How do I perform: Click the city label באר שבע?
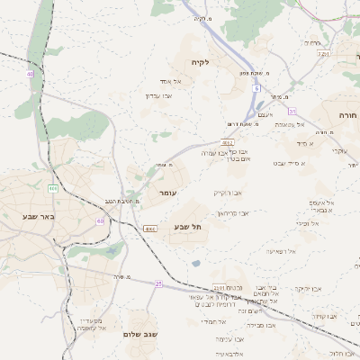click(x=37, y=216)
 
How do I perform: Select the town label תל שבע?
click(x=188, y=228)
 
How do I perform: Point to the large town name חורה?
click(x=348, y=116)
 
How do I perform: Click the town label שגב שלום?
click(x=140, y=334)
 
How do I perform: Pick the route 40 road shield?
click(x=30, y=74)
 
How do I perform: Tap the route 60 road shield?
click(x=100, y=220)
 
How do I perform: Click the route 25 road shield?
click(x=158, y=283)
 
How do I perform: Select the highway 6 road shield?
click(x=256, y=89)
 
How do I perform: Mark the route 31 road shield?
click(x=292, y=111)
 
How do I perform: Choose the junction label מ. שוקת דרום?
click(x=244, y=123)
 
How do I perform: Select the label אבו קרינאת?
click(x=232, y=212)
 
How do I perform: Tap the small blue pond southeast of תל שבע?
click(x=196, y=264)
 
